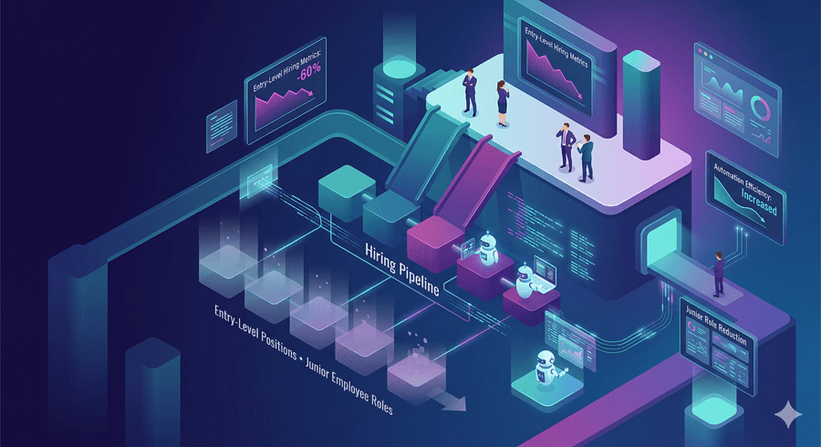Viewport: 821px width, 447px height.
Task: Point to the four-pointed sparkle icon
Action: (x=786, y=413)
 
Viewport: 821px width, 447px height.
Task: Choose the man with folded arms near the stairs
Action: (x=470, y=91)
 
